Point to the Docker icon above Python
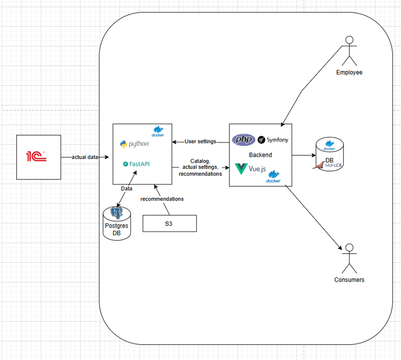click(158, 131)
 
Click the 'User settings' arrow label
click(200, 142)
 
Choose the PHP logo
click(243, 140)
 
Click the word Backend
click(260, 155)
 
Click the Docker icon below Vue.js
click(273, 177)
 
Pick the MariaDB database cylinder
click(329, 155)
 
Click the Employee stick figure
click(348, 51)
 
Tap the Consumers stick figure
click(349, 258)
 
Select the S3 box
click(169, 223)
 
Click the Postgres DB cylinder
click(116, 224)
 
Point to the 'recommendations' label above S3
click(162, 199)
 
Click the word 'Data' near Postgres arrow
click(127, 188)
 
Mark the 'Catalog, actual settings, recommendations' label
click(200, 167)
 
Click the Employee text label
click(349, 72)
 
